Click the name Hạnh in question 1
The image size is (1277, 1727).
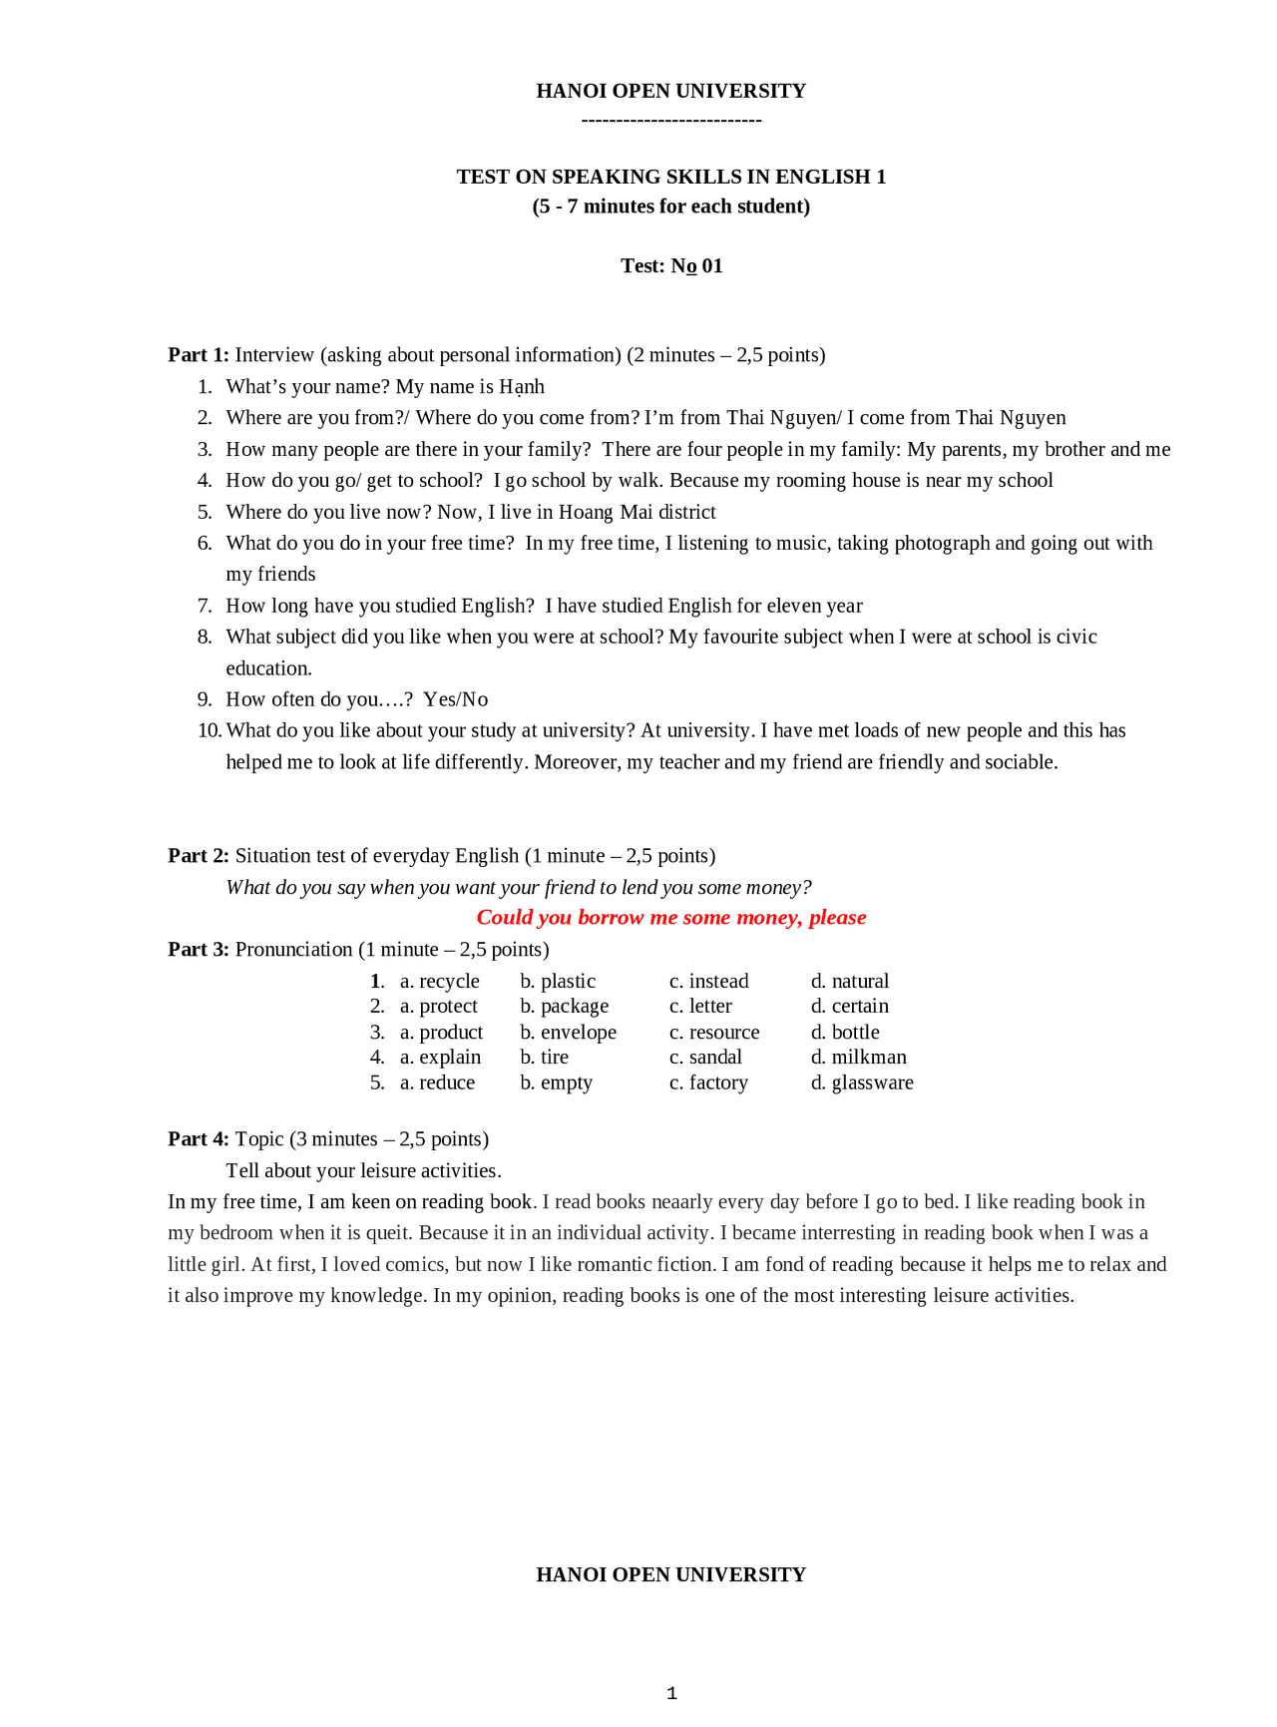522,387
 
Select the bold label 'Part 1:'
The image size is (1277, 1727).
199,355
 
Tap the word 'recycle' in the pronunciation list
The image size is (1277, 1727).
449,982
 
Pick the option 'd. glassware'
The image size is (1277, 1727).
862,1083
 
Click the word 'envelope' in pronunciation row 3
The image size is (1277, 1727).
579,1033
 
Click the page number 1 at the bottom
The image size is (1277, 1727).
671,1693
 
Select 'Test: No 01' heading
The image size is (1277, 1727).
671,266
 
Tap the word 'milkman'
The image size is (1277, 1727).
869,1058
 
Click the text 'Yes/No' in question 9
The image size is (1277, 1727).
455,699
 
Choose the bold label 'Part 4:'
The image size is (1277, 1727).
199,1139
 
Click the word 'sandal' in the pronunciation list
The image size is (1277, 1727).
715,1058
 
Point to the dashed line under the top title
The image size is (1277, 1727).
671,121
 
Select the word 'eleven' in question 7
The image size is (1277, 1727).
796,606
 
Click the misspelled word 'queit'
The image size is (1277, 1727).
387,1233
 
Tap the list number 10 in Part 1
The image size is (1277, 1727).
209,730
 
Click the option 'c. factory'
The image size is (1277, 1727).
708,1083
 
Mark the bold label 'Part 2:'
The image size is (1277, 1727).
199,856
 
